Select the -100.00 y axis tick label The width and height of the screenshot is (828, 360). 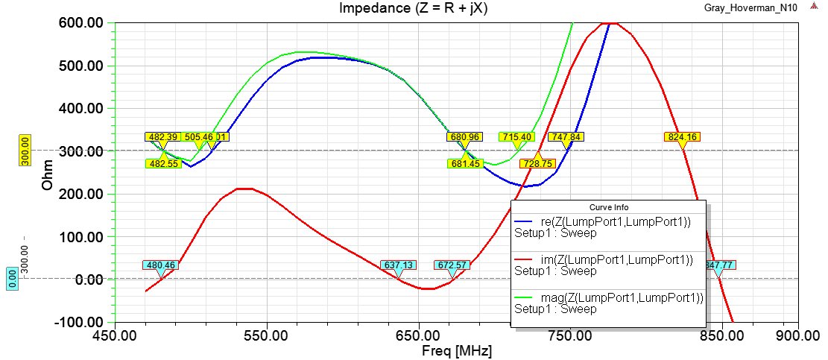coord(82,322)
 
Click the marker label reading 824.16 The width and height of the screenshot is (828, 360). coord(682,137)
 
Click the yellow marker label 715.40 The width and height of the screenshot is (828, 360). coord(516,137)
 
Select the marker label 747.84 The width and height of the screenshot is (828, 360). coord(566,137)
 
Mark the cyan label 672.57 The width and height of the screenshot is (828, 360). coord(452,265)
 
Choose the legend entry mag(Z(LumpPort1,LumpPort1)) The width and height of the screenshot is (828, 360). coord(610,298)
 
